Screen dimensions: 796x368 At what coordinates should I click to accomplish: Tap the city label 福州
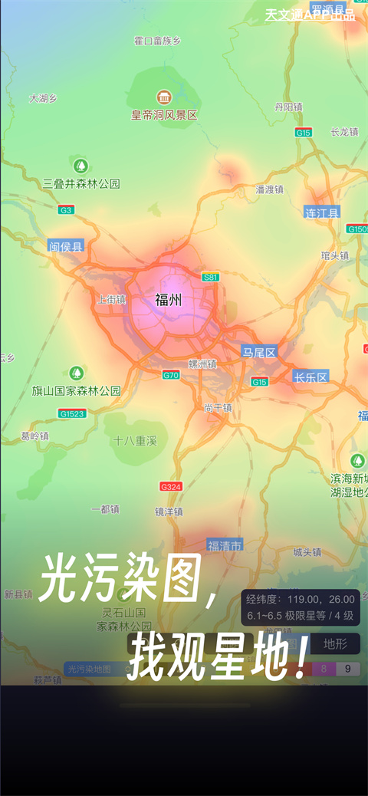(169, 300)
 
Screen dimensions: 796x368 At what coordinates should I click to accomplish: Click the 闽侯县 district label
(66, 246)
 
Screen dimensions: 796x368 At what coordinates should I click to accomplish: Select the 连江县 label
(321, 212)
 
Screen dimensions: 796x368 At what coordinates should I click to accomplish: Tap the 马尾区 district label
(259, 352)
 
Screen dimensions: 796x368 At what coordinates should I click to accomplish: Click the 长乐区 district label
(310, 377)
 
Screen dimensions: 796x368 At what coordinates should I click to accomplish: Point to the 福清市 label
(225, 545)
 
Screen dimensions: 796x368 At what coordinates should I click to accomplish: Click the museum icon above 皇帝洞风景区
(164, 97)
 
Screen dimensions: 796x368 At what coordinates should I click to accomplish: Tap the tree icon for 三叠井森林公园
(80, 166)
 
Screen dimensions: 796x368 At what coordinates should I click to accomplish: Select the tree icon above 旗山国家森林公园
(77, 373)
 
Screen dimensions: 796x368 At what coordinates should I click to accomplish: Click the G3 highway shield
(67, 209)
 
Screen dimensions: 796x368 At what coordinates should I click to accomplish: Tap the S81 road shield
(210, 277)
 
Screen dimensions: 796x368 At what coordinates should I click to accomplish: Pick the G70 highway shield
(171, 375)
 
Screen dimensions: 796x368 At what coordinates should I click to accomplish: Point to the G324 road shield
(171, 486)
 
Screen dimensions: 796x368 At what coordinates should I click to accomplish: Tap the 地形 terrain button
(335, 644)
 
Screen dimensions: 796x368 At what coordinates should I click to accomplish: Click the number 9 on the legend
(348, 669)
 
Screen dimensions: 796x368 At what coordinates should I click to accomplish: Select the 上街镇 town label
(112, 300)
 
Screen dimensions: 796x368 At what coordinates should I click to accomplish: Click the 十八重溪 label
(135, 441)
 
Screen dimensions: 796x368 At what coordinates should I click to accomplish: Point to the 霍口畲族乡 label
(157, 41)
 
